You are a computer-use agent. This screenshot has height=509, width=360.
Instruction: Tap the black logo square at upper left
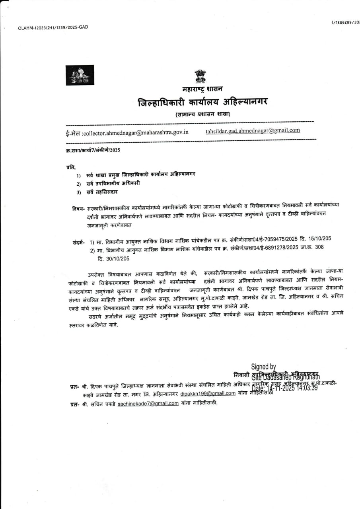pos(80,75)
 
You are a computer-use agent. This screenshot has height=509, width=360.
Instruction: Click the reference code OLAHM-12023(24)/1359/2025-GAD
pos(53,27)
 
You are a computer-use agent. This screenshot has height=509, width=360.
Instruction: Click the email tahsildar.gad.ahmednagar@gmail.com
pos(253,130)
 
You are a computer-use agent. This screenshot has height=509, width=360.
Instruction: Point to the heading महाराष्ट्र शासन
pos(200,89)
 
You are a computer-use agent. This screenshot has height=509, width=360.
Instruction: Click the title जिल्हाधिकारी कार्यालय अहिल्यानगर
pos(202,102)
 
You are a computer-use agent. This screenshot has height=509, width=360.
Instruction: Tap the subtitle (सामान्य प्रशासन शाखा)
pos(203,115)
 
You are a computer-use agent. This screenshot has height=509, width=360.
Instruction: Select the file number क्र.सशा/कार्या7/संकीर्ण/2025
pos(93,150)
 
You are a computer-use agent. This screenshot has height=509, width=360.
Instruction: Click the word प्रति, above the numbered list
pos(71,167)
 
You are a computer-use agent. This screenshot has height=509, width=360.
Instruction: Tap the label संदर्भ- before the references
pos(79,242)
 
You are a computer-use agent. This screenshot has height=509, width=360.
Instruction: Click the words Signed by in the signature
pos(263,367)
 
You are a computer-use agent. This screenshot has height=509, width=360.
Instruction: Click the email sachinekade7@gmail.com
pos(148,403)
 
